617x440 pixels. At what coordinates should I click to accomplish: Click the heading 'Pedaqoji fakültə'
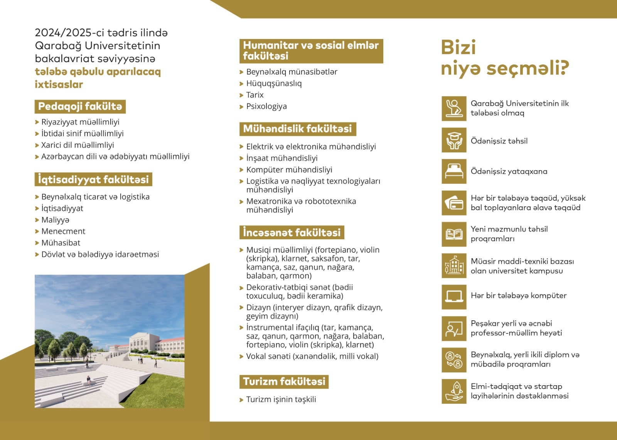80,107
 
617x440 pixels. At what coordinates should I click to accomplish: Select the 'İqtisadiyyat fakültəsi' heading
93,179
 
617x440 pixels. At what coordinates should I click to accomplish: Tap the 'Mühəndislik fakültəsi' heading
297,129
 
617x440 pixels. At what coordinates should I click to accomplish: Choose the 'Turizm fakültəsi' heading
284,382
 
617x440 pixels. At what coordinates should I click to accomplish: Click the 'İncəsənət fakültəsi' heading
292,233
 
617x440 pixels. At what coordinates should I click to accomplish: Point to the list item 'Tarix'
255,95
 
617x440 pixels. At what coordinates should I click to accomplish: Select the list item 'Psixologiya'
266,107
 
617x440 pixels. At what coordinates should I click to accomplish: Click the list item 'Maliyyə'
55,220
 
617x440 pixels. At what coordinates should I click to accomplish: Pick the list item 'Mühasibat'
61,243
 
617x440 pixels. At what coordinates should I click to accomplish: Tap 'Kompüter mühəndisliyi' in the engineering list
289,170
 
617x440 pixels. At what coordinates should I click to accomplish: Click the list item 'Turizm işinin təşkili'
281,399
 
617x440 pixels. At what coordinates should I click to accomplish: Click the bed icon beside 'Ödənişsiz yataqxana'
454,171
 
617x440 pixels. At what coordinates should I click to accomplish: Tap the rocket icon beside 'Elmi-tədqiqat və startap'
454,391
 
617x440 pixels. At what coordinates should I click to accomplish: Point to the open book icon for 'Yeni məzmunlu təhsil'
454,234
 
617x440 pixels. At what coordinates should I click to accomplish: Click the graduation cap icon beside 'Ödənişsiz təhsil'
454,140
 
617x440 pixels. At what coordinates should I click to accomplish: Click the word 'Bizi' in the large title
458,47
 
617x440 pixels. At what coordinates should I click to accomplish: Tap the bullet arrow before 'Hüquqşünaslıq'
241,84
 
